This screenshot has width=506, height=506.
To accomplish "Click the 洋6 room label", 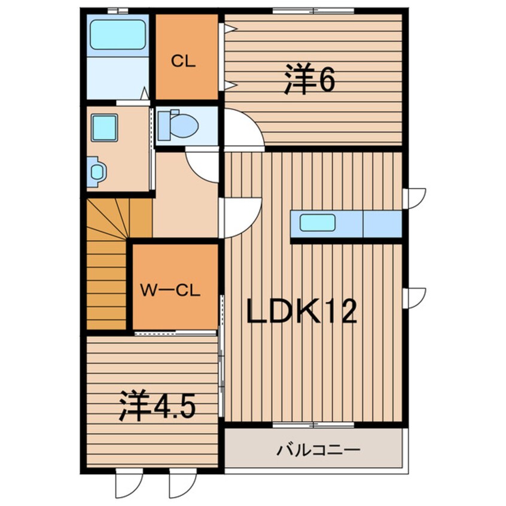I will (309, 83).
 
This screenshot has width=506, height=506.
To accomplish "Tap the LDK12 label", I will (302, 311).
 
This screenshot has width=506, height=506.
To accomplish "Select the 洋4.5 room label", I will (157, 407).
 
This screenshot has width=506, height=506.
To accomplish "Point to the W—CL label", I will (170, 291).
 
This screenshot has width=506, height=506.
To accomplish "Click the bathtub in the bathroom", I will (117, 35).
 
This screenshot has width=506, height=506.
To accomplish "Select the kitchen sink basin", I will (318, 223).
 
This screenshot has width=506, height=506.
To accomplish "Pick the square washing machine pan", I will (103, 128).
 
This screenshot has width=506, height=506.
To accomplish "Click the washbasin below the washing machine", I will (97, 172).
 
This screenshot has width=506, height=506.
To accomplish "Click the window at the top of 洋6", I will (313, 10).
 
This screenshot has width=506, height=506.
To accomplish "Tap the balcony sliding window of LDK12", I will (313, 425).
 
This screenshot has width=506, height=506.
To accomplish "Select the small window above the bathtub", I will (117, 10).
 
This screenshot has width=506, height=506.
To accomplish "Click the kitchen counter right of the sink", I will (382, 224).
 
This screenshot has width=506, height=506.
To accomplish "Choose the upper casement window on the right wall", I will (414, 197).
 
